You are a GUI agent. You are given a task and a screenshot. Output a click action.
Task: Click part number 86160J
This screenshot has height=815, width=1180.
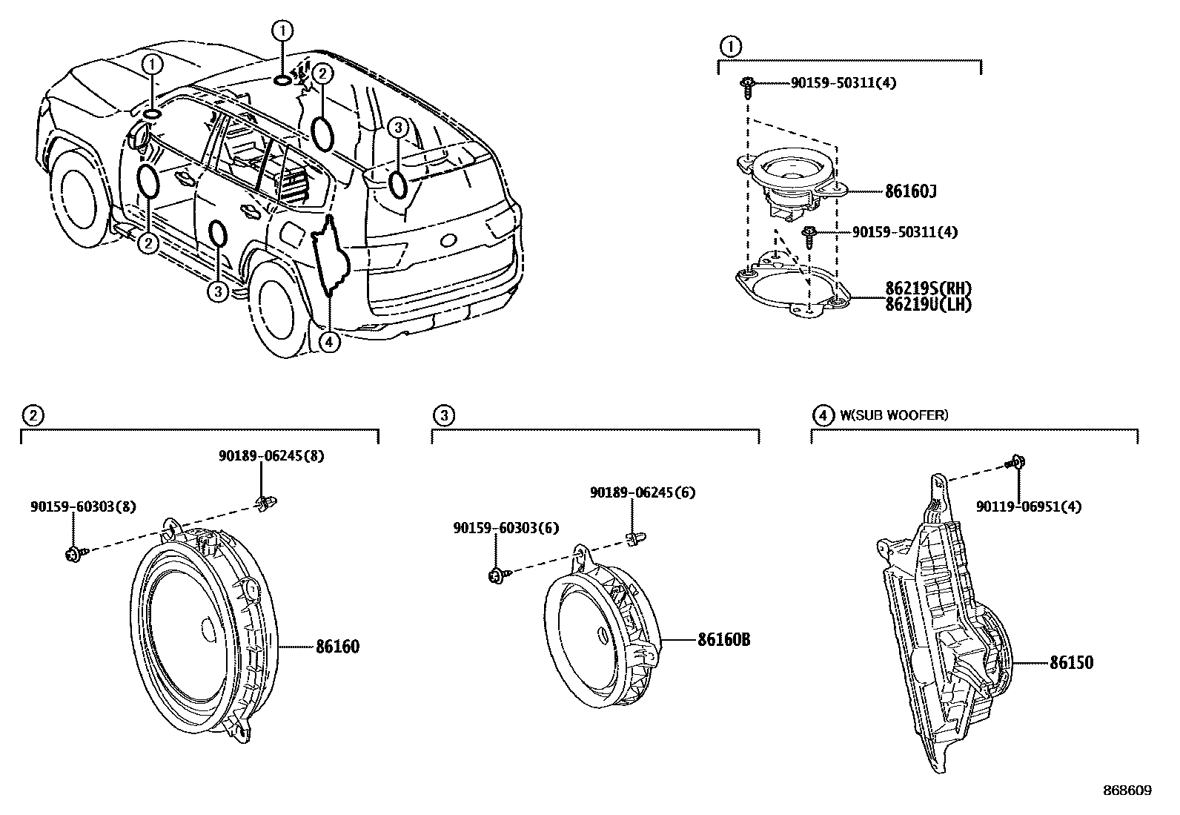point(911,192)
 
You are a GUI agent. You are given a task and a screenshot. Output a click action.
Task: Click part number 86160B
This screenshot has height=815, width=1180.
point(723,639)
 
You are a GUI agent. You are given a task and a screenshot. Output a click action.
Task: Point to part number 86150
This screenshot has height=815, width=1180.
point(1071,662)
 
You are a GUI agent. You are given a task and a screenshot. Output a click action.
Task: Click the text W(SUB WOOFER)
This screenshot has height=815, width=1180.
point(893,415)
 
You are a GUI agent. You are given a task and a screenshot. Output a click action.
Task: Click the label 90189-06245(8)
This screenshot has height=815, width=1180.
point(271,456)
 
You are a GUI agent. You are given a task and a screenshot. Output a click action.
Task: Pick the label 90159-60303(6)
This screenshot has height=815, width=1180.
point(506,528)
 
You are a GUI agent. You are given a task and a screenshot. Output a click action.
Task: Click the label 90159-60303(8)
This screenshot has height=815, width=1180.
point(83,507)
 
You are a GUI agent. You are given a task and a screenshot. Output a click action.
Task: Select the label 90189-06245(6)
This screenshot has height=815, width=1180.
point(642,492)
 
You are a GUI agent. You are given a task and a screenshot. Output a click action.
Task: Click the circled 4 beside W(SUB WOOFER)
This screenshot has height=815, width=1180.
point(822,415)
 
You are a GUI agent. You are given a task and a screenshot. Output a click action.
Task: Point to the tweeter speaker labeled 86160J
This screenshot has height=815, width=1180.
point(793,182)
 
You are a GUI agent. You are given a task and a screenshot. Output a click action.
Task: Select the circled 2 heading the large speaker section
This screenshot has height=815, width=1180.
point(32,415)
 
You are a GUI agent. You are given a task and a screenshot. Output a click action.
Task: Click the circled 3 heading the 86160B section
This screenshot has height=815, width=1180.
point(443,415)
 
